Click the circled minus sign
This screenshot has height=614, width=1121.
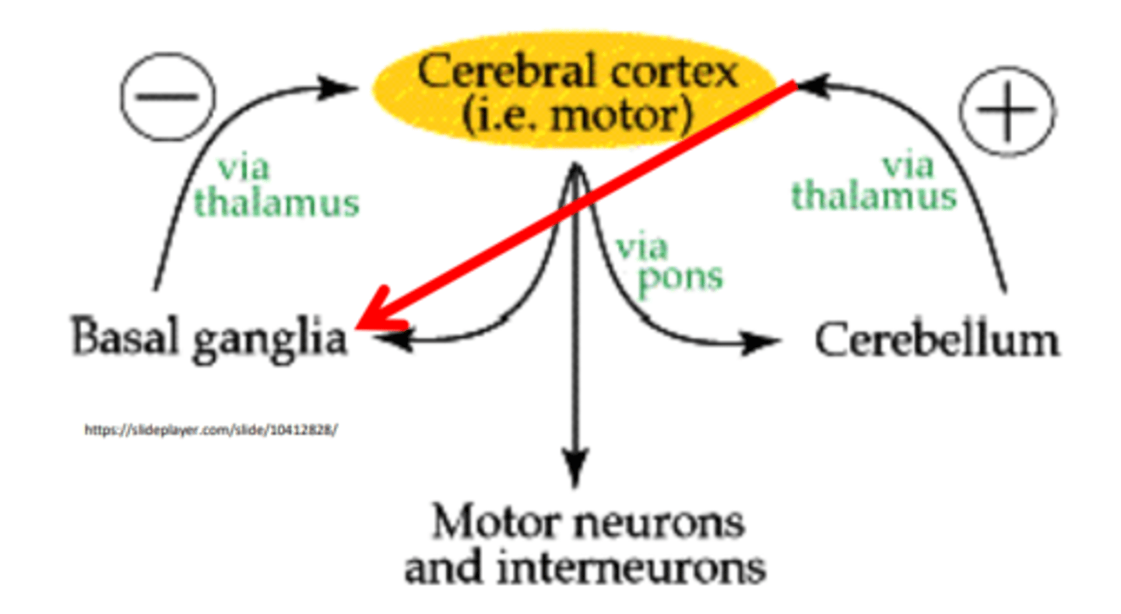[x=168, y=96]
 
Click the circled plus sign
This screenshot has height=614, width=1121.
[x=1007, y=111]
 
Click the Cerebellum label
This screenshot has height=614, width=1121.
[x=937, y=341]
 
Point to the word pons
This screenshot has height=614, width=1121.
[x=680, y=279]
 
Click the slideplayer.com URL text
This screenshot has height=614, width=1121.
[x=211, y=430]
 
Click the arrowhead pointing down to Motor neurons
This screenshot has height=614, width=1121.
[x=575, y=468]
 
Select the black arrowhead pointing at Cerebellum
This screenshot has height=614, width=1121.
[x=761, y=342]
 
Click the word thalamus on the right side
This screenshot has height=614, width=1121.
[x=873, y=195]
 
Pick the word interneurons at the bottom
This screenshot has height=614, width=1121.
[x=631, y=567]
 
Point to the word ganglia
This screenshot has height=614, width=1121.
[x=270, y=340]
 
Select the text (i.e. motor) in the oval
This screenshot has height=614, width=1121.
[x=577, y=116]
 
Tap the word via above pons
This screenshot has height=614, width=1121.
[x=642, y=247]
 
